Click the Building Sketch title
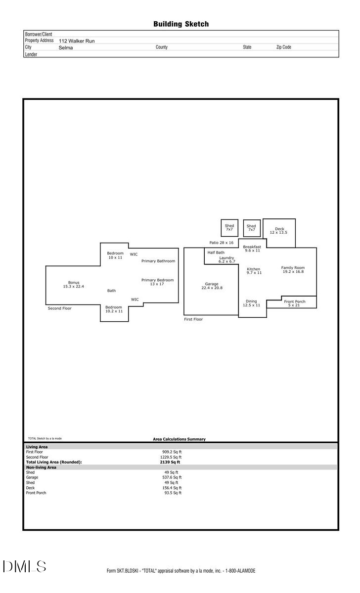[180, 24]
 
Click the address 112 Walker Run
[77, 41]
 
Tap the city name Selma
[66, 47]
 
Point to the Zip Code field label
[283, 47]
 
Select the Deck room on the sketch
[279, 231]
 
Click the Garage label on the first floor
[212, 286]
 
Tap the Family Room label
[293, 269]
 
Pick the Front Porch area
[294, 303]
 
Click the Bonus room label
[74, 284]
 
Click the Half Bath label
[216, 253]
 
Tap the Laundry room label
[226, 259]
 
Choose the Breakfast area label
[252, 249]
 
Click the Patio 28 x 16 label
[221, 243]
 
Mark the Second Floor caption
[59, 308]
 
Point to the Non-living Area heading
[41, 467]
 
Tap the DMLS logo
[24, 566]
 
